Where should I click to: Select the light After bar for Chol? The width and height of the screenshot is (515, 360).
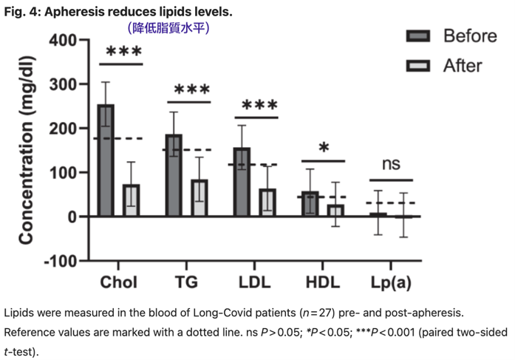(131, 200)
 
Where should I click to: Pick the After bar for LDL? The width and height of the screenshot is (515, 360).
(267, 203)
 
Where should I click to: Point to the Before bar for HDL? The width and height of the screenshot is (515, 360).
(310, 204)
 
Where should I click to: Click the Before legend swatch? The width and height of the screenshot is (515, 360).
(419, 36)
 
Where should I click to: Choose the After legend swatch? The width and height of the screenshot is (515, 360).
(419, 66)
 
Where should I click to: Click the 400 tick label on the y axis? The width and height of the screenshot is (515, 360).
(63, 40)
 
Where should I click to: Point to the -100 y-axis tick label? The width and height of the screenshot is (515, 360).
(60, 262)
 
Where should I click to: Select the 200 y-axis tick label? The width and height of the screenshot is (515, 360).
(63, 129)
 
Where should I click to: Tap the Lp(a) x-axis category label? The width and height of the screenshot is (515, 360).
(391, 283)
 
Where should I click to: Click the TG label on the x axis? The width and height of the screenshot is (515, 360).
(186, 283)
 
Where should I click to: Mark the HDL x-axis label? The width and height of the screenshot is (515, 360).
(323, 283)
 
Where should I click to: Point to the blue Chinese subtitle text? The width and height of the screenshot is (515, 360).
(169, 27)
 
